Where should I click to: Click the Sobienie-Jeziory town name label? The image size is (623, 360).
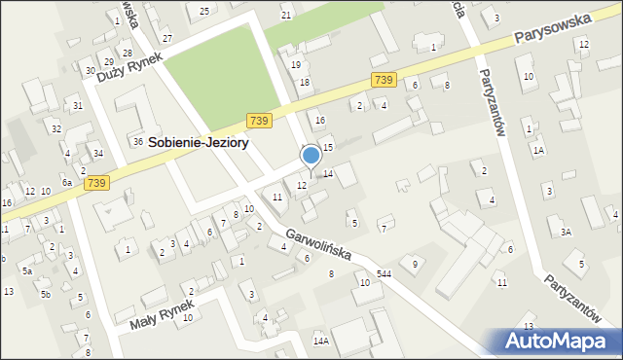(x=198, y=142)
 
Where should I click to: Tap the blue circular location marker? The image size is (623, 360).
(x=311, y=156)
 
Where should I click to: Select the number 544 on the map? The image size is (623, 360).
(x=385, y=274)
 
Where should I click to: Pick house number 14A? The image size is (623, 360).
(x=320, y=342)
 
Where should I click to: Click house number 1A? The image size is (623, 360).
(x=538, y=150)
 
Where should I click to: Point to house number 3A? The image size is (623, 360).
(x=566, y=232)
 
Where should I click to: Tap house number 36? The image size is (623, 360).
(x=138, y=141)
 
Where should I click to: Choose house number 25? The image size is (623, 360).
(x=203, y=11)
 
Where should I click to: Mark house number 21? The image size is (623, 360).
(x=286, y=16)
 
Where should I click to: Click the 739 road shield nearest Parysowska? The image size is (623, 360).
(x=383, y=80)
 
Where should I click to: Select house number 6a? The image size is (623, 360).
(x=67, y=183)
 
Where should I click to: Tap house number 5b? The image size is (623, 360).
(x=45, y=293)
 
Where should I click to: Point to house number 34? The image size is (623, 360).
(x=98, y=153)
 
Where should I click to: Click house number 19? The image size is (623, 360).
(x=296, y=64)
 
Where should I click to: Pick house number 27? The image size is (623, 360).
(x=167, y=37)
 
